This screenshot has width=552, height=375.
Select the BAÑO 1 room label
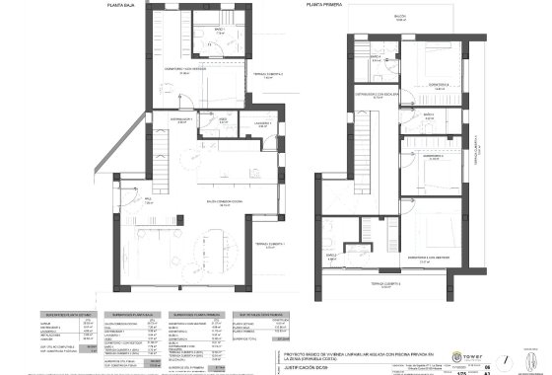tap(220, 31)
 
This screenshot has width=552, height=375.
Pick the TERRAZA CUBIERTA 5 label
tap(391, 283)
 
